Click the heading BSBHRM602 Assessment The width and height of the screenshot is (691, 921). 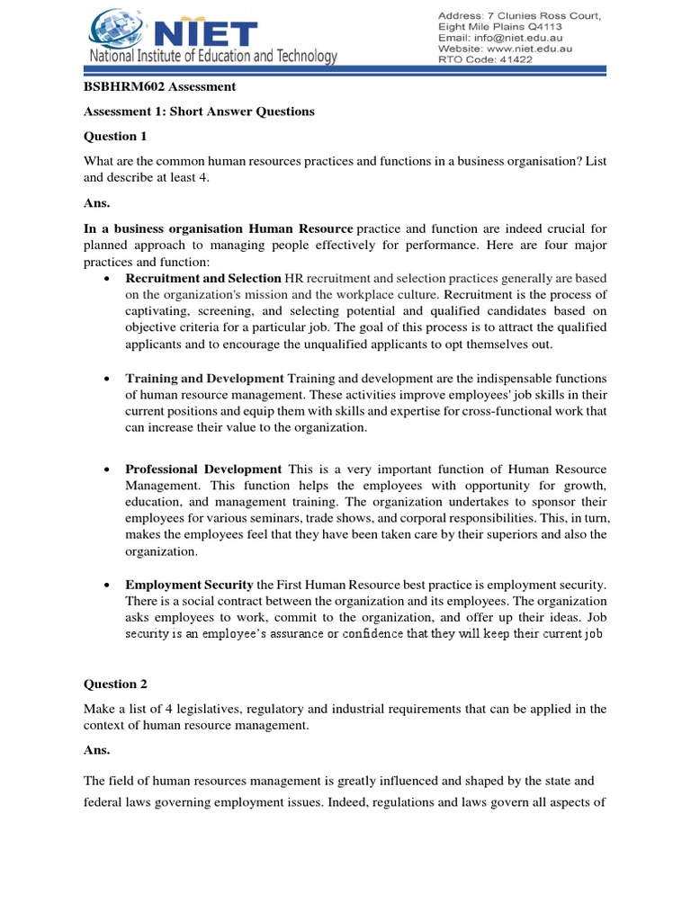(159, 87)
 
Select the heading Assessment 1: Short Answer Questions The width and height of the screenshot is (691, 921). (199, 112)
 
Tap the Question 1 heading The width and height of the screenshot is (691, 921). (114, 137)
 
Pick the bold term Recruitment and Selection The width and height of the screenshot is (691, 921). (203, 279)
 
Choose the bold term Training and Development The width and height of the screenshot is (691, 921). (203, 378)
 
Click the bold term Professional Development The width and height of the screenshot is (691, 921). (203, 469)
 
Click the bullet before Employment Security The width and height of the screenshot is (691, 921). (108, 586)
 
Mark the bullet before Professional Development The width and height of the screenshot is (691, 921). (108, 470)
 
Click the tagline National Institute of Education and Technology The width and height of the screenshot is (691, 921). (212, 58)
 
